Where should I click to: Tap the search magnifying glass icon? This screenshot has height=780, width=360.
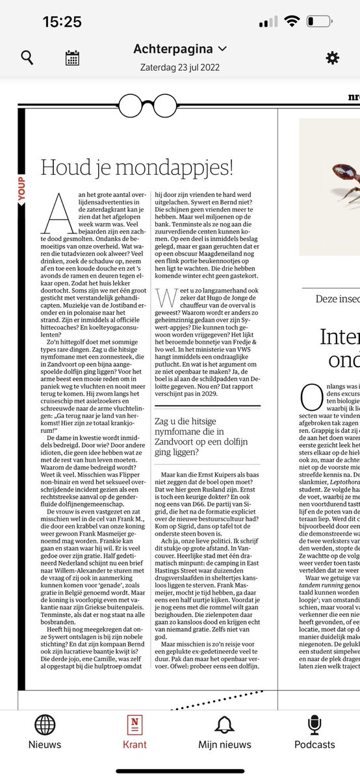tap(27, 57)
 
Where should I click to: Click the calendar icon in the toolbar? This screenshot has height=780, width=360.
tap(72, 57)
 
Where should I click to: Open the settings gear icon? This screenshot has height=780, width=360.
tap(332, 57)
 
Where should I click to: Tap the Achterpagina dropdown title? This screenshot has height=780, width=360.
tap(180, 49)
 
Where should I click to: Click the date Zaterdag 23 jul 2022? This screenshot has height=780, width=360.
tap(180, 66)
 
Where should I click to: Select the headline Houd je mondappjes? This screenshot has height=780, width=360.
tap(136, 167)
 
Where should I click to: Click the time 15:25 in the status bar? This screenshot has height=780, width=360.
tap(62, 21)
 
